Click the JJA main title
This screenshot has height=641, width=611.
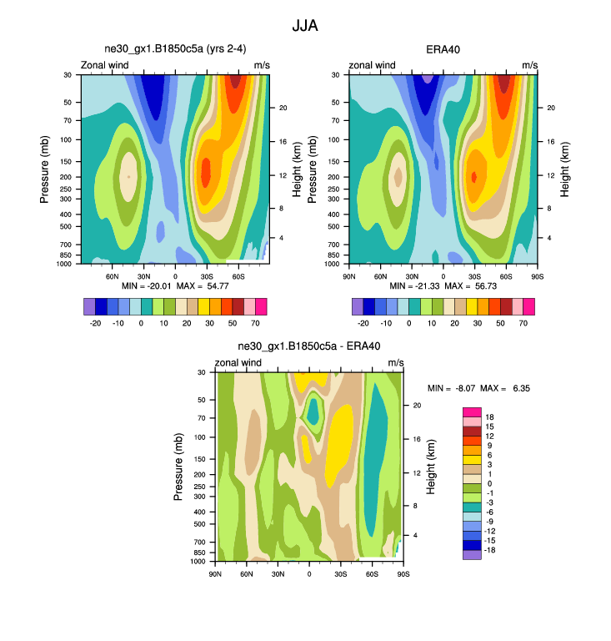point(305,26)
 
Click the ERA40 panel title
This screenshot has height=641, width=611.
point(443,49)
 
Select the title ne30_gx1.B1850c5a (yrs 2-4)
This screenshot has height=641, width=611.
point(175,49)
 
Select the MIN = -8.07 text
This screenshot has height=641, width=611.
point(453,389)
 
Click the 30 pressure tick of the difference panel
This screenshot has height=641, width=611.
point(202,372)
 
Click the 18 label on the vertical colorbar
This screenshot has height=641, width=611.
point(489,416)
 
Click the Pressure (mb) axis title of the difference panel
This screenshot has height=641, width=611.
point(179,467)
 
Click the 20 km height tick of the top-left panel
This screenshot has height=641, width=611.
point(283,108)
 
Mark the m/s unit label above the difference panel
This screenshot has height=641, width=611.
point(396,362)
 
